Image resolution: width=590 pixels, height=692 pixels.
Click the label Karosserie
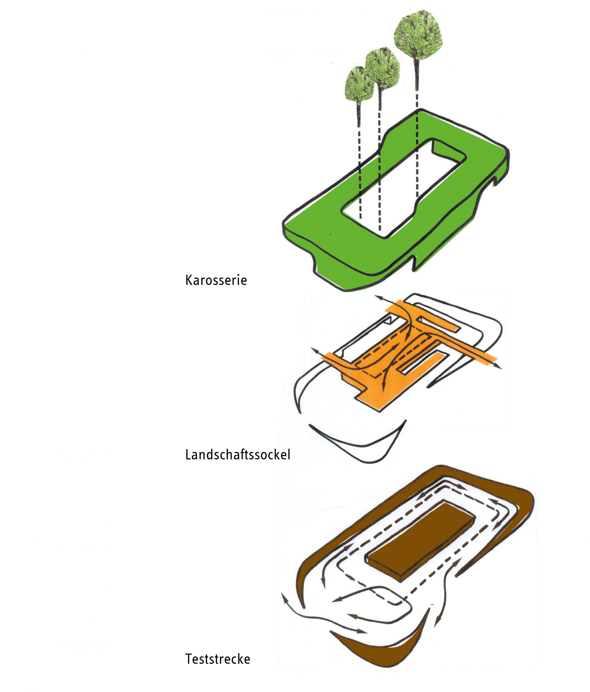point(216,280)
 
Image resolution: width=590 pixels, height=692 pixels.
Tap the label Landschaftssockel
point(238,455)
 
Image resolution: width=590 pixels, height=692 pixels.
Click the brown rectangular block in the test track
point(421,542)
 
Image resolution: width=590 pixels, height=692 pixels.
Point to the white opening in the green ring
point(403,189)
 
